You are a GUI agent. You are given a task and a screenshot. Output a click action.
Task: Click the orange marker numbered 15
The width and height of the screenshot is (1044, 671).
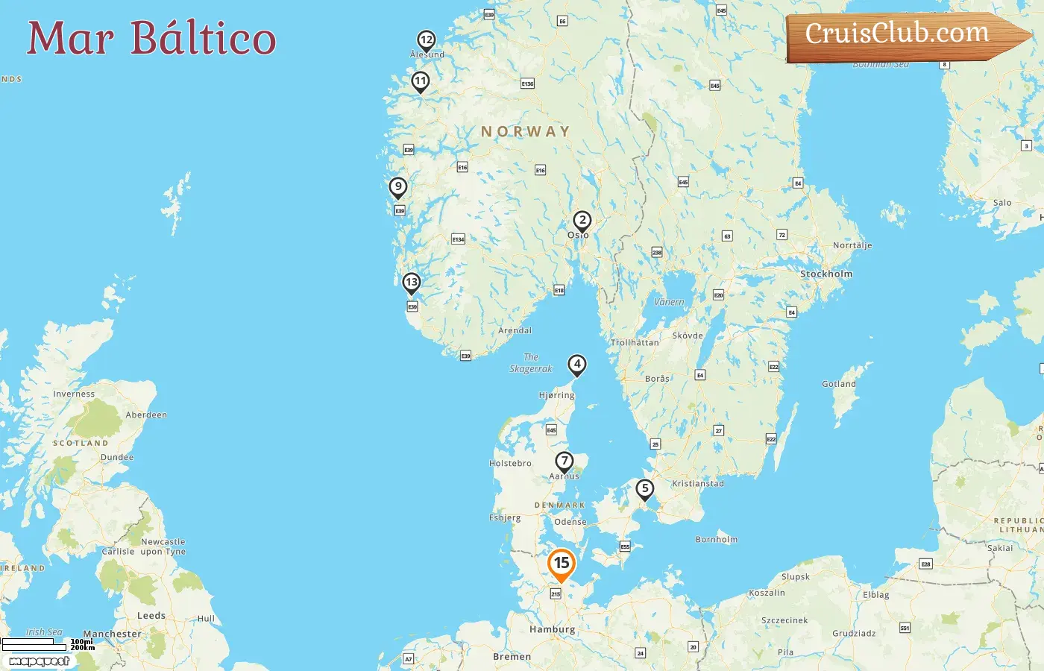click(562, 564)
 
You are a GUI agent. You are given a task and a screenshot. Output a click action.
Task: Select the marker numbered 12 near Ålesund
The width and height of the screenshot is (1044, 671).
click(426, 40)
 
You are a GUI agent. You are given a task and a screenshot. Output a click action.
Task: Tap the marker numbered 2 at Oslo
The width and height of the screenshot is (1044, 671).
click(582, 220)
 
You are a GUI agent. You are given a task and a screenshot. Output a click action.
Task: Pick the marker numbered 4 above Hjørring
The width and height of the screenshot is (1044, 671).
click(576, 364)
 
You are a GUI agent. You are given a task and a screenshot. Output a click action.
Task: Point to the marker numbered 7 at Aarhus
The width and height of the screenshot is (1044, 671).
click(565, 461)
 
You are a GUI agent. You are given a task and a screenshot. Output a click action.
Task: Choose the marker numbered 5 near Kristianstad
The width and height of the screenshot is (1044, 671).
click(645, 488)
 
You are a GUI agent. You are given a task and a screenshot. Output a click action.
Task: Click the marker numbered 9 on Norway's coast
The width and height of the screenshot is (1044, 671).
click(398, 186)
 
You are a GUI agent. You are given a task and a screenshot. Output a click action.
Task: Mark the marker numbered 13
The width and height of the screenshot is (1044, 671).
click(411, 282)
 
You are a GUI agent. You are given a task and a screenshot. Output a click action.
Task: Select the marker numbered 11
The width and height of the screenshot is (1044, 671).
click(421, 81)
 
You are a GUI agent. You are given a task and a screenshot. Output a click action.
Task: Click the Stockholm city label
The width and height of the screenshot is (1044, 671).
click(826, 274)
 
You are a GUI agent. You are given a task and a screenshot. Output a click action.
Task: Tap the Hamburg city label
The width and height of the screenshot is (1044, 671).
click(552, 629)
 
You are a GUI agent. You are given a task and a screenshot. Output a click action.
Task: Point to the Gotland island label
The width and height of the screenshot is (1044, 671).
click(839, 384)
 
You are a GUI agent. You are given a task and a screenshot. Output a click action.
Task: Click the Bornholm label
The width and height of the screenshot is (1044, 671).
click(716, 539)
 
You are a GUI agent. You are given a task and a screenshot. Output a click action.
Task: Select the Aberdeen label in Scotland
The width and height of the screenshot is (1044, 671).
click(146, 415)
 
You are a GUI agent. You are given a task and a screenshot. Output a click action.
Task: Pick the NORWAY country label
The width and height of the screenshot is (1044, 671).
click(525, 132)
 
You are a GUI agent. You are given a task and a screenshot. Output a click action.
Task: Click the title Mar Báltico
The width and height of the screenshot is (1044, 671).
click(151, 38)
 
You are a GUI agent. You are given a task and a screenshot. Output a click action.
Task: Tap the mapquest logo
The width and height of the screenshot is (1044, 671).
click(39, 661)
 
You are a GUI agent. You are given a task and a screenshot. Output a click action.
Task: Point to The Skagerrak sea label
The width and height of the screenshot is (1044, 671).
click(531, 363)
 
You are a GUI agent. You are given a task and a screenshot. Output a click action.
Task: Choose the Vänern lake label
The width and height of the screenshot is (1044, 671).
click(669, 302)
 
